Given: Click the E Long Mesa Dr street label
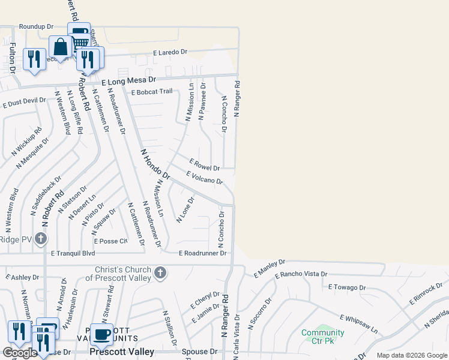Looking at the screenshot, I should [128, 80].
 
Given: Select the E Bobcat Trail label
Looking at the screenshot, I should [152, 92].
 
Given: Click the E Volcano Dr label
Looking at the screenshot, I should [205, 178].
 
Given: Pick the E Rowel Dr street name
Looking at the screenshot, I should [204, 164].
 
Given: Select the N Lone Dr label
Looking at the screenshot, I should [185, 210].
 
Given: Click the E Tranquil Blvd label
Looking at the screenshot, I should [73, 253].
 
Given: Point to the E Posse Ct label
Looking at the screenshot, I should [110, 241].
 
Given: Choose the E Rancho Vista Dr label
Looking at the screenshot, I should [301, 274].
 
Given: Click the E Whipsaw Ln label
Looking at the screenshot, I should [359, 325].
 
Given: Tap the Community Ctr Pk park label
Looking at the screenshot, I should [323, 337].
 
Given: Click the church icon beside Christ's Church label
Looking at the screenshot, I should [160, 273].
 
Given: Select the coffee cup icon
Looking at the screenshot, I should [101, 333].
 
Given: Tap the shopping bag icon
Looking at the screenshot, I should [61, 46].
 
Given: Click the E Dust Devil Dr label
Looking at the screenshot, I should [24, 103].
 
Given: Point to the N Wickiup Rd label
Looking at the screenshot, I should [26, 142].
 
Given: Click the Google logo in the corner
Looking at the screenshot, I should [19, 353].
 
